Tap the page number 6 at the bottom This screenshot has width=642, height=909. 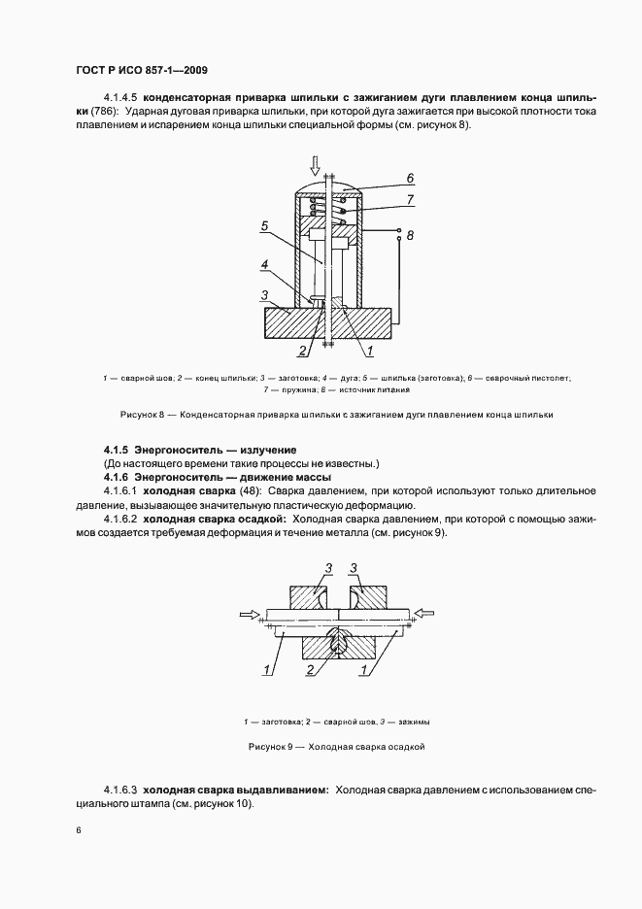(78, 830)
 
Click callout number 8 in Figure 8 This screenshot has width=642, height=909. (410, 235)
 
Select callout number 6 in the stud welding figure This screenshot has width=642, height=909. (410, 179)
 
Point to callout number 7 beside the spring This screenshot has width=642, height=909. (410, 200)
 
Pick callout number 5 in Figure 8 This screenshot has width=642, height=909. (265, 227)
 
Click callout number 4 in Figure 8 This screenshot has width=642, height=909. (264, 264)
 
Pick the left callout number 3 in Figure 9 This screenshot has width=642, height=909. (302, 569)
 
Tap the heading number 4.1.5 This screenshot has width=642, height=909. (115, 450)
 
